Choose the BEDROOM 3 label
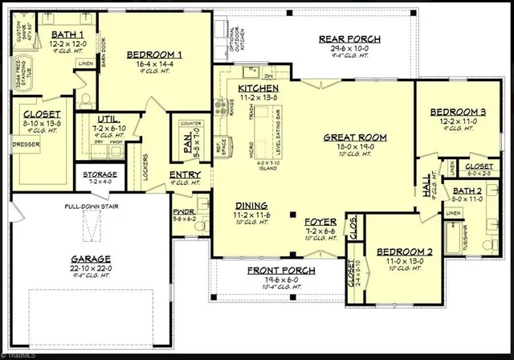pos(458,112)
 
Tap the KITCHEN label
pos(259,87)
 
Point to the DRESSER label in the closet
pos(22,145)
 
